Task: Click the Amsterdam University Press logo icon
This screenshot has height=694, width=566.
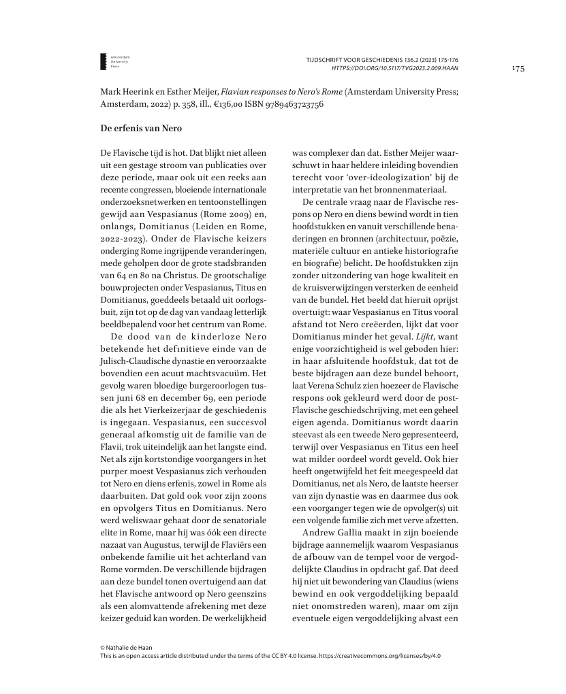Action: [103, 61]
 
